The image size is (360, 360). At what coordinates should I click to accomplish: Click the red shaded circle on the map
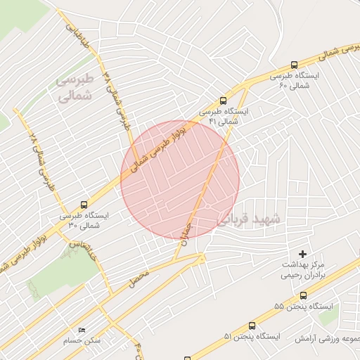coord(179,179)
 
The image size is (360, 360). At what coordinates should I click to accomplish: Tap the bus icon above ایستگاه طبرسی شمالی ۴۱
coord(223,101)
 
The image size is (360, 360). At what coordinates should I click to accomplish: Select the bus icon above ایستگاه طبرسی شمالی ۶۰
coord(293,64)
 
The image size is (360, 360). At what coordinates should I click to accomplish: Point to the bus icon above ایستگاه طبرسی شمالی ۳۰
coord(84,205)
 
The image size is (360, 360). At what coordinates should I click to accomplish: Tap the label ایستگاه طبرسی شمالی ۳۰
coord(84,221)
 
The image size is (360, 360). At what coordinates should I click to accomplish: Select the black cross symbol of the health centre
coord(303,253)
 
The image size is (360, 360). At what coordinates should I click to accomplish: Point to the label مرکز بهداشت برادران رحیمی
coord(303,269)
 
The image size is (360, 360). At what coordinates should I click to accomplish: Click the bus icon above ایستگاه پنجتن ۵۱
coord(252,326)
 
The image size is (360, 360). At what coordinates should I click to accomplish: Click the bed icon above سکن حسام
coord(82,330)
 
